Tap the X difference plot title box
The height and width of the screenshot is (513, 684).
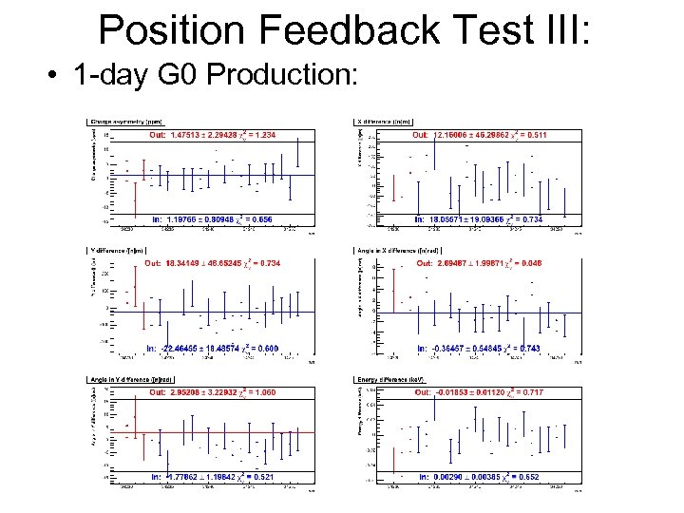click(x=386, y=122)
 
